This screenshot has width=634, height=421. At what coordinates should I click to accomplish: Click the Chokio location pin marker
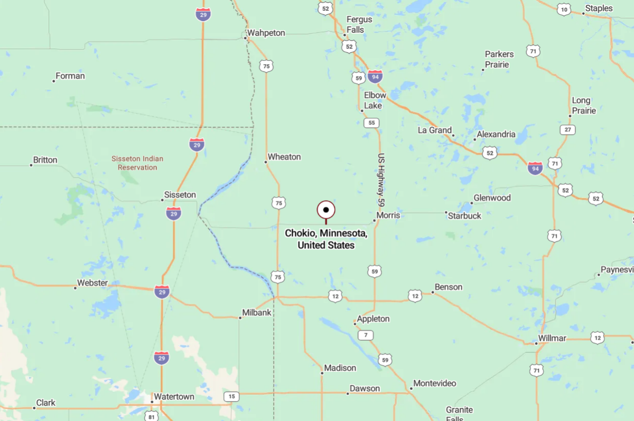tap(326, 210)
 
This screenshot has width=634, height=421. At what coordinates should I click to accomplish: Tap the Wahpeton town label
tap(266, 33)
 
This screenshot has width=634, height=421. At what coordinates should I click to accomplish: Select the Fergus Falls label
tap(359, 24)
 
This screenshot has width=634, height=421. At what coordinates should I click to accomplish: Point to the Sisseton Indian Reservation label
tap(137, 163)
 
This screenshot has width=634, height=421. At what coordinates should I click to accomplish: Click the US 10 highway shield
tap(564, 9)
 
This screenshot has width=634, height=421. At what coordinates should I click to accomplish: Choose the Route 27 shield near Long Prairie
tap(568, 130)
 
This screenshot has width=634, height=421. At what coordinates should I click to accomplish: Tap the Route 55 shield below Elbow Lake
tap(371, 123)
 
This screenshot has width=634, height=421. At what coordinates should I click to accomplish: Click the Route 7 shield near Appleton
tap(365, 335)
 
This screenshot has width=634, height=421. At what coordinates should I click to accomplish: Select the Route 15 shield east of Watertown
tap(231, 396)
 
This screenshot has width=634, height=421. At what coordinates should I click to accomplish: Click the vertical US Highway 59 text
tap(381, 180)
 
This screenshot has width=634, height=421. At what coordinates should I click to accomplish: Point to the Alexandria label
tap(496, 134)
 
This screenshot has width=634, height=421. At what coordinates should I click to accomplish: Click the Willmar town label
tap(552, 338)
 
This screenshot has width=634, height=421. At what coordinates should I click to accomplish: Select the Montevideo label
tap(434, 383)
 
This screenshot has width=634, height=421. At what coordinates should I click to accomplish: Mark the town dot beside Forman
tap(54, 81)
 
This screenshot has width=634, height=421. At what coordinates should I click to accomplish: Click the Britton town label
tap(45, 160)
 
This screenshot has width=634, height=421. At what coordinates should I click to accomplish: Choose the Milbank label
tap(256, 313)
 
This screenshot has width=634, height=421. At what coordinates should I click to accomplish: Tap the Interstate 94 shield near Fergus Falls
tap(375, 76)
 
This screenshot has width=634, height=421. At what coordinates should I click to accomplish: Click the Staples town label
tap(599, 8)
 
